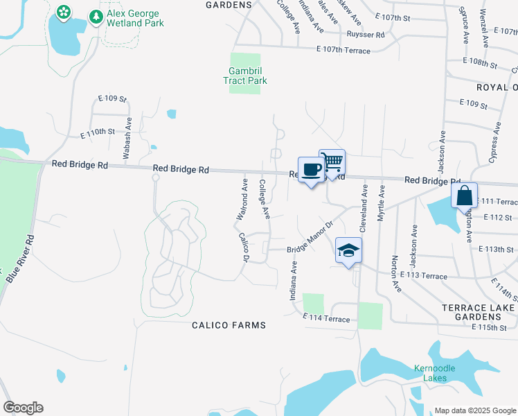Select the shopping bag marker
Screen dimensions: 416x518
464,196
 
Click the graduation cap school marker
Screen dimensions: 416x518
348,250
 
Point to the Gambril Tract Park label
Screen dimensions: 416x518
245,76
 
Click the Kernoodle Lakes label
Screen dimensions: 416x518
435,372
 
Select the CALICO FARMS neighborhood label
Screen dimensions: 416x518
229,325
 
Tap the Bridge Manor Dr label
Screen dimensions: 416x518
311,236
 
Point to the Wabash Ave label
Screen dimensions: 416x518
127,138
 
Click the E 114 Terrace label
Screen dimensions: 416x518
326,318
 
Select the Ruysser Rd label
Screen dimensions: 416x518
366,34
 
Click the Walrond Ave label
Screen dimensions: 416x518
242,200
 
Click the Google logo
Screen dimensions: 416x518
23,408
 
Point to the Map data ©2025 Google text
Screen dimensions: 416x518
474,410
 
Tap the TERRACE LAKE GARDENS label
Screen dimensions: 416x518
478,311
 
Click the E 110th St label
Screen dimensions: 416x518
96,132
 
